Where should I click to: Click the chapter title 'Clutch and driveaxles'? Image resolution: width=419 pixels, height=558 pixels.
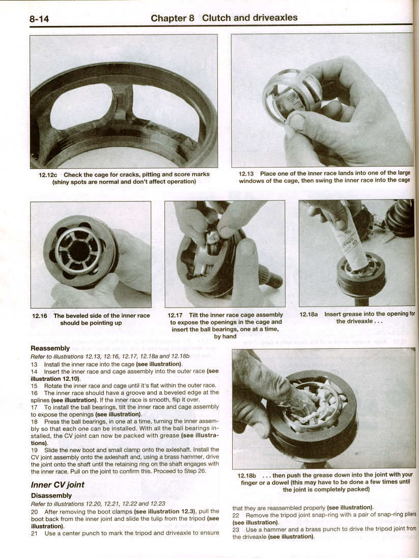pyautogui.click(x=249, y=18)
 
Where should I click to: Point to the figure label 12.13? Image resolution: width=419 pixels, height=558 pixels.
pyautogui.click(x=248, y=174)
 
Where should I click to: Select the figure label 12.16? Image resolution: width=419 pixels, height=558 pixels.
pyautogui.click(x=40, y=316)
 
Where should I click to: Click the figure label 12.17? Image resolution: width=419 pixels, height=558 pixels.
pyautogui.click(x=176, y=315)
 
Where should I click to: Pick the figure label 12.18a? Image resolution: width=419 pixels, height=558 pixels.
pyautogui.click(x=309, y=315)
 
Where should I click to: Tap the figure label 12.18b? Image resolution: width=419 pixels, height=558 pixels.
pyautogui.click(x=247, y=475)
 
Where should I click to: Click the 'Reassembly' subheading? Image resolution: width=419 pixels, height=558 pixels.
pyautogui.click(x=50, y=348)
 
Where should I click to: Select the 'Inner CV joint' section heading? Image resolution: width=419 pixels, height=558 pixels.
pyautogui.click(x=58, y=484)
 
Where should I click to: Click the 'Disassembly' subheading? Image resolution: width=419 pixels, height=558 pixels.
pyautogui.click(x=51, y=495)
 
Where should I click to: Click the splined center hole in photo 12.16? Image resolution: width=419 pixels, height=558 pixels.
pyautogui.click(x=79, y=251)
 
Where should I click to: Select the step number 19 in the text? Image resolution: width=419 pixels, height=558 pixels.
pyautogui.click(x=34, y=450)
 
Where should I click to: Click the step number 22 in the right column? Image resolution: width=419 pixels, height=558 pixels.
pyautogui.click(x=236, y=515)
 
